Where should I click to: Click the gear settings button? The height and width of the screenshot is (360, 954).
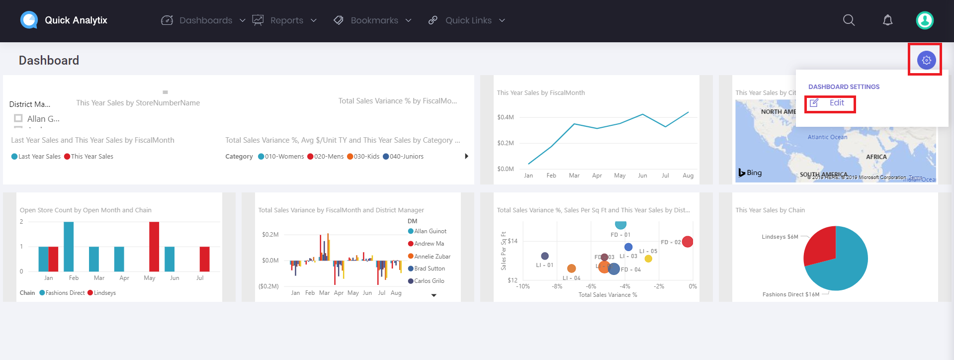pyautogui.click(x=926, y=60)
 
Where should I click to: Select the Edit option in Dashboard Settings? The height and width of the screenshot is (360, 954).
pyautogui.click(x=836, y=103)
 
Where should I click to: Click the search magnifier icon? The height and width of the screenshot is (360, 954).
pyautogui.click(x=849, y=20)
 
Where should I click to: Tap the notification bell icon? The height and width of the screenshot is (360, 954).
pyautogui.click(x=887, y=20)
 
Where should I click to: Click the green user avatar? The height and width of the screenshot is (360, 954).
pyautogui.click(x=925, y=20)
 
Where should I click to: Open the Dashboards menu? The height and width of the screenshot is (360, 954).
pyautogui.click(x=205, y=20)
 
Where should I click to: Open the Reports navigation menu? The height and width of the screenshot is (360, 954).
pyautogui.click(x=286, y=20)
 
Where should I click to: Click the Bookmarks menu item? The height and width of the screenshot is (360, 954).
pyautogui.click(x=374, y=20)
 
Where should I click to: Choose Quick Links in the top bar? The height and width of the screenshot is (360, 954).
pyautogui.click(x=468, y=20)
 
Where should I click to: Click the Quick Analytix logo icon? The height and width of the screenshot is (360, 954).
pyautogui.click(x=29, y=20)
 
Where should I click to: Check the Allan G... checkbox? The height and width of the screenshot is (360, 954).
pyautogui.click(x=18, y=118)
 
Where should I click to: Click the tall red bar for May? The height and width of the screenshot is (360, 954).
pyautogui.click(x=154, y=246)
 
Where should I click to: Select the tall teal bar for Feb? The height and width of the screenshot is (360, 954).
pyautogui.click(x=69, y=246)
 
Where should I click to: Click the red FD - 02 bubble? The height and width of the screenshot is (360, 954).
pyautogui.click(x=688, y=242)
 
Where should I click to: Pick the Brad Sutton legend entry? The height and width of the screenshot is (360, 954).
pyautogui.click(x=429, y=269)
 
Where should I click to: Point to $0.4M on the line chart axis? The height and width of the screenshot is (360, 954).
pyautogui.click(x=505, y=117)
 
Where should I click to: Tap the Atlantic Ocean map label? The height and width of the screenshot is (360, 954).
pyautogui.click(x=827, y=137)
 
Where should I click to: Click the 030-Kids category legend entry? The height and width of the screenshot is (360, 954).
pyautogui.click(x=366, y=157)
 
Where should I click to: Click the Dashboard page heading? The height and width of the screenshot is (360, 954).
pyautogui.click(x=49, y=61)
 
